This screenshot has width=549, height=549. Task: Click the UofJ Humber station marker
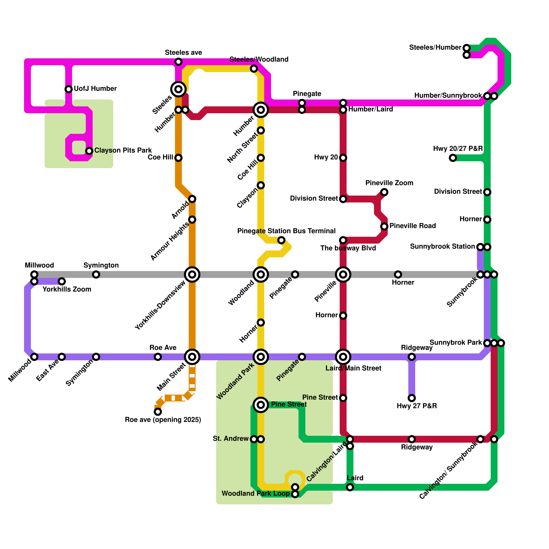69,89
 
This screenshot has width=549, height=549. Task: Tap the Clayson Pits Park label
123,151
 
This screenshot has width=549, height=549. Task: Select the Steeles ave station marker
178,62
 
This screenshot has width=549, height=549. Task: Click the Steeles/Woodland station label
259,59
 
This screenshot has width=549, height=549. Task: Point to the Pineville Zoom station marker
384,192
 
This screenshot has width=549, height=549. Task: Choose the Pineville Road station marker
384,226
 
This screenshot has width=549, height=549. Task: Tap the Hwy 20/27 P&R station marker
453,158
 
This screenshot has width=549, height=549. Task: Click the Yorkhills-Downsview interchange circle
192,274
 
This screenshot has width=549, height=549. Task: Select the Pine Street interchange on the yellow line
261,405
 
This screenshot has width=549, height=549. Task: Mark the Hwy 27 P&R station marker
412,398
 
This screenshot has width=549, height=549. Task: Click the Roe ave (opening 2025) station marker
158,412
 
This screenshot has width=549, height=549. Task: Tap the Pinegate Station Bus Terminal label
286,231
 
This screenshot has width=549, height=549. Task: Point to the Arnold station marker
192,199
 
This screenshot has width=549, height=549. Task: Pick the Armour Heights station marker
192,220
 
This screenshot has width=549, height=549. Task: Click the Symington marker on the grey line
96,274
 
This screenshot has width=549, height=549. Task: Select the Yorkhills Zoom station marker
62,281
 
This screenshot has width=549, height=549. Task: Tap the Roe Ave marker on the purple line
158,357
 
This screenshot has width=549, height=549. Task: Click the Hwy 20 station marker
343,158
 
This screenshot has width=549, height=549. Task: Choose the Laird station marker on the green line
350,487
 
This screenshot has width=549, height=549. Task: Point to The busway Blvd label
348,248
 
